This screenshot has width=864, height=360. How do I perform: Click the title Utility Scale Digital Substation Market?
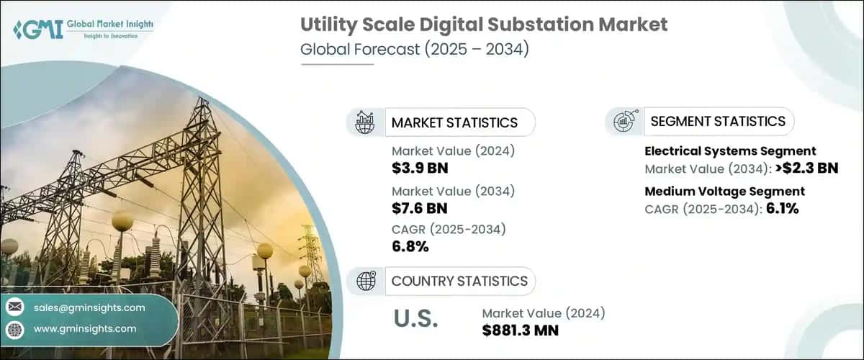pyautogui.click(x=484, y=24)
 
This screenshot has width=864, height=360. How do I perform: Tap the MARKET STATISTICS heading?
pyautogui.click(x=454, y=122)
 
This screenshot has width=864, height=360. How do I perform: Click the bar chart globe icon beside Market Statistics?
pyautogui.click(x=365, y=122)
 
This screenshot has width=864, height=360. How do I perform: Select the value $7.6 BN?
pyautogui.click(x=419, y=209)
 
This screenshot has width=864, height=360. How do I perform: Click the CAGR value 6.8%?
pyautogui.click(x=410, y=247)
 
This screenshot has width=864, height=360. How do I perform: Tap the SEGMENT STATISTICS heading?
pyautogui.click(x=718, y=122)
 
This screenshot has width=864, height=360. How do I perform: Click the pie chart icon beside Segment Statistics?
pyautogui.click(x=624, y=122)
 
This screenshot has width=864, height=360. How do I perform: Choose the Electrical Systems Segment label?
pyautogui.click(x=730, y=151)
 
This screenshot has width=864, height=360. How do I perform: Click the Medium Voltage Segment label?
pyautogui.click(x=724, y=192)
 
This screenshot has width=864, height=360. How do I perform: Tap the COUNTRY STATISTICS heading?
pyautogui.click(x=459, y=281)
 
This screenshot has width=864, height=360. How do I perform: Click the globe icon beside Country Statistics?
pyautogui.click(x=365, y=281)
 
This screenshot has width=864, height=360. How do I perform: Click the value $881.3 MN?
pyautogui.click(x=521, y=330)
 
